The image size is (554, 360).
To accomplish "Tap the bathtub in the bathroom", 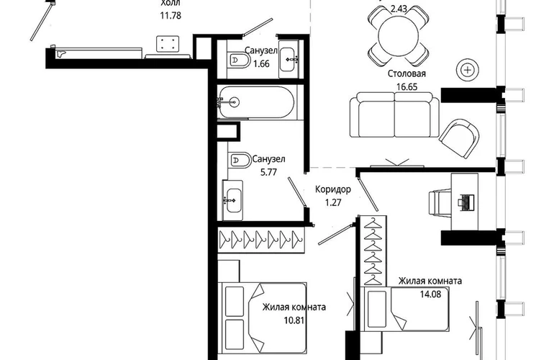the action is click(256, 103).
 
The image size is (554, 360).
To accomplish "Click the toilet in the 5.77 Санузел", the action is click(239, 160).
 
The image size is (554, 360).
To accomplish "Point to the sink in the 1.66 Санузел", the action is click(289, 60).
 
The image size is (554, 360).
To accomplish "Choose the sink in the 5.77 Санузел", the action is click(234, 200).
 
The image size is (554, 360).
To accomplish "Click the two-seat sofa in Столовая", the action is click(395, 114).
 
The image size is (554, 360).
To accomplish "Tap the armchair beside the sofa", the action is click(459, 138).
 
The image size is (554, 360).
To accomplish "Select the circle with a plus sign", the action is click(468, 70).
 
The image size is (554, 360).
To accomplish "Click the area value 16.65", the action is click(407, 86).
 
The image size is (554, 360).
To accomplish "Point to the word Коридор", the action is click(333, 189).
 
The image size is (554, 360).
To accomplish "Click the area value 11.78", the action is click(171, 16).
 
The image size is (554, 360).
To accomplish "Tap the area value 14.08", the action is click(430, 294).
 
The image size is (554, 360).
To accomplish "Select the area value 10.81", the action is click(294, 320).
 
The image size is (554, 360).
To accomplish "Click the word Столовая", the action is click(407, 73).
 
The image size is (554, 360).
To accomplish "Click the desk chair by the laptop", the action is click(440, 202).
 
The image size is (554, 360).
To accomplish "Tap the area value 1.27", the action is click(333, 202).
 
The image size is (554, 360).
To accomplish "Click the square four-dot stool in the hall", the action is click(168, 44).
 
